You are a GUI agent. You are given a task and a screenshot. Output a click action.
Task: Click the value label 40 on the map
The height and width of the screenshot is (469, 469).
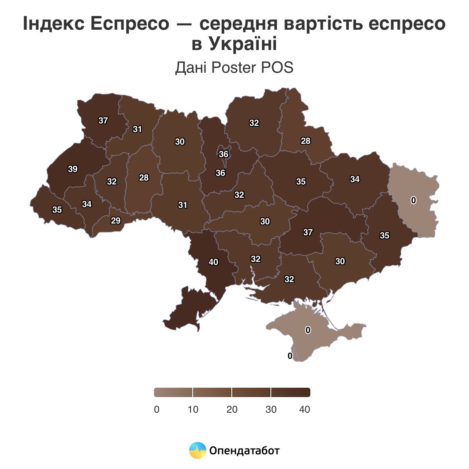pos(213,262)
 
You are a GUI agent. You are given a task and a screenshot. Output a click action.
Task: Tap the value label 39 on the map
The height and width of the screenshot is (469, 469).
pos(73,169)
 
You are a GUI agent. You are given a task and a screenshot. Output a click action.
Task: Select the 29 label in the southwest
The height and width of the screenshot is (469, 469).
pos(116,220)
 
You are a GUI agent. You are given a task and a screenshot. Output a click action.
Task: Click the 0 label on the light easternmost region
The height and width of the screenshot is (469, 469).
pos(414,200)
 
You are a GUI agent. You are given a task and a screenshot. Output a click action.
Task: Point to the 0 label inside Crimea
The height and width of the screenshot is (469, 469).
pos(308,330)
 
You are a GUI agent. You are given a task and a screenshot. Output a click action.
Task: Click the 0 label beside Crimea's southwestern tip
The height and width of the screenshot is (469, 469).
pos(290,356)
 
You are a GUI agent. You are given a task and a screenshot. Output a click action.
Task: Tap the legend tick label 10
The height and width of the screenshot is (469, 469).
pos(193,410)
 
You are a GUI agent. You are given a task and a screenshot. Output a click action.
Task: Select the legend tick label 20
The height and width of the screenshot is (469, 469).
pos(232,410)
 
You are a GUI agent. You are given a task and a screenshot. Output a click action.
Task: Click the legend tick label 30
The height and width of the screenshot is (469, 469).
pos(271,410)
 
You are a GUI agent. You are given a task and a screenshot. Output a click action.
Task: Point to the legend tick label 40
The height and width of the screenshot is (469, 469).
pos(304,410)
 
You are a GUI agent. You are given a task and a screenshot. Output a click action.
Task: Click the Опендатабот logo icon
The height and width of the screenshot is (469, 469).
pos(198,451)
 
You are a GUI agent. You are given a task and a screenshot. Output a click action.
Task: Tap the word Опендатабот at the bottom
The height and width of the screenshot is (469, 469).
pos(245,451)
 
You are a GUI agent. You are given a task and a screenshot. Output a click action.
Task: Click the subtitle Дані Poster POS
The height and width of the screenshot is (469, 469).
pos(234,68)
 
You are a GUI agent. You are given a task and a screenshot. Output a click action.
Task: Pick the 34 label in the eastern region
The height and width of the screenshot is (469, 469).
pos(355,179)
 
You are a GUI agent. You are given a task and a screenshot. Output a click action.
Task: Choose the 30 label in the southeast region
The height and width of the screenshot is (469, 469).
pos(340,261)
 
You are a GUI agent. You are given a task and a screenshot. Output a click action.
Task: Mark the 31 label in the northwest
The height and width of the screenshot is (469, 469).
pos(137,129)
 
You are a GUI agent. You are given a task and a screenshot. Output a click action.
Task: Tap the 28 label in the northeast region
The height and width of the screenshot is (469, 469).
pos(306,141)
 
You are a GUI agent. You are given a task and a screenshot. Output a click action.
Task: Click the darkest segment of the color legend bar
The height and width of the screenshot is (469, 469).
pos(290,392)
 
